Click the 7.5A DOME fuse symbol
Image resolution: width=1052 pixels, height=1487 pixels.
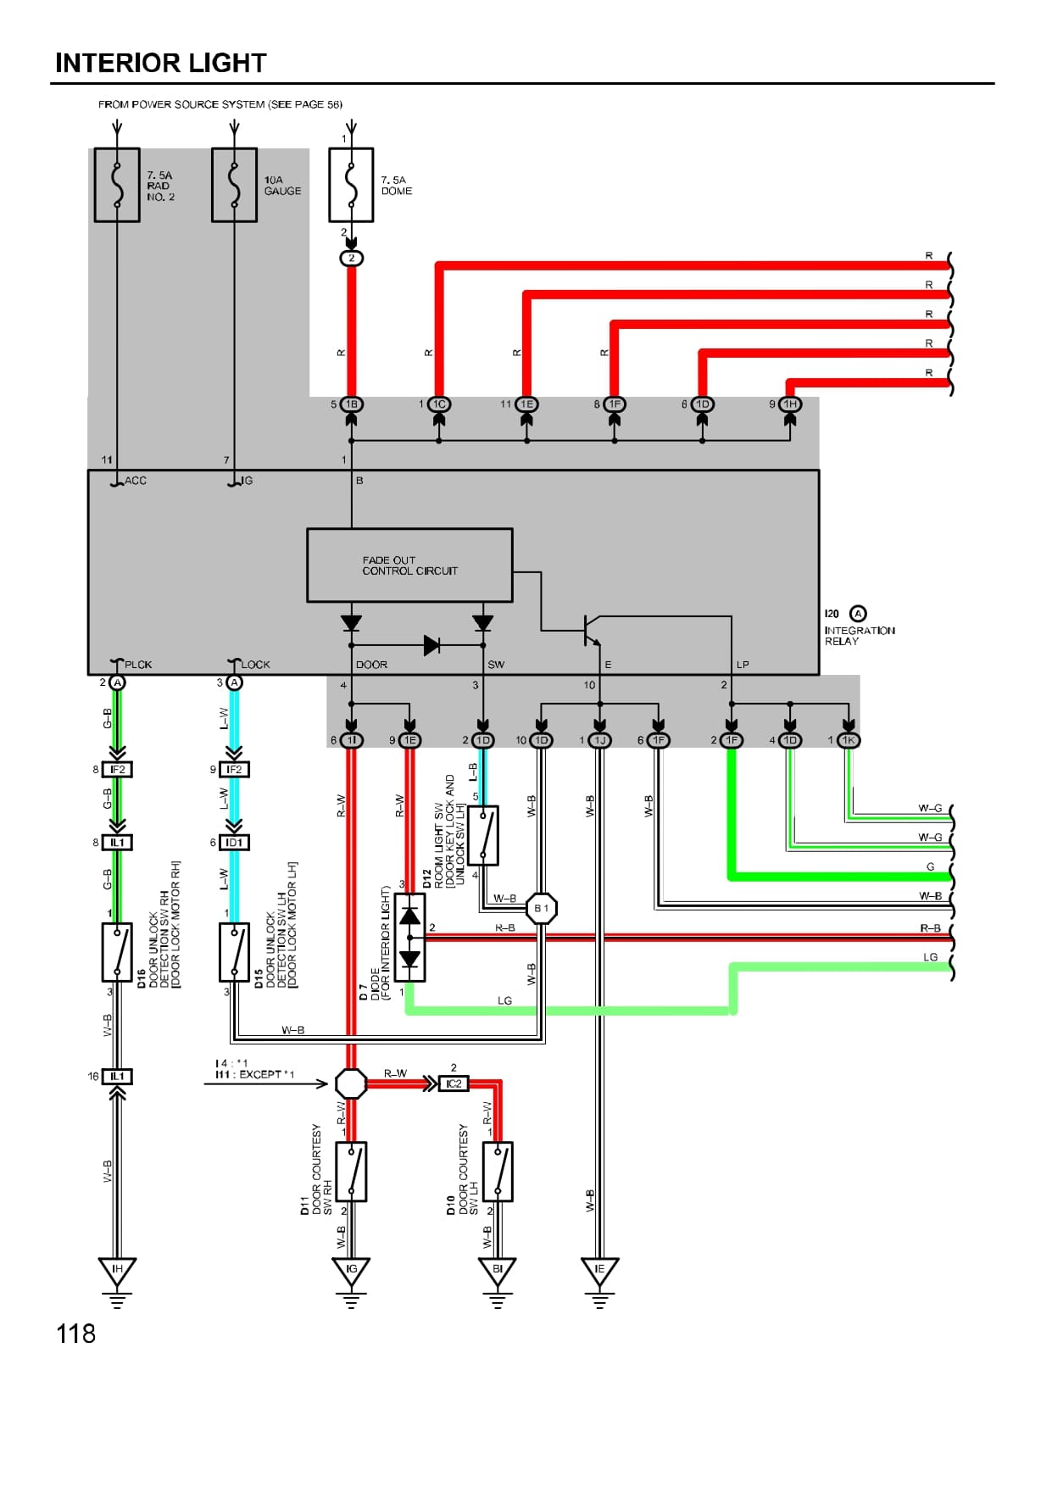click(351, 185)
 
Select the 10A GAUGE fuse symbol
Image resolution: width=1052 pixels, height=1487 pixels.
click(234, 185)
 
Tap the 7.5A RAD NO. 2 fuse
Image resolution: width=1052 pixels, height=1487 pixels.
click(117, 185)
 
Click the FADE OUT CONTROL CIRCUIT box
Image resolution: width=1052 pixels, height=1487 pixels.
click(409, 565)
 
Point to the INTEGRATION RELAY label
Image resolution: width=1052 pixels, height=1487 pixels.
click(859, 635)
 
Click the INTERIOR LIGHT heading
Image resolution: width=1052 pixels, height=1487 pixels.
click(160, 63)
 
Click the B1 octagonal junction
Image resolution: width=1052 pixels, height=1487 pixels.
click(541, 909)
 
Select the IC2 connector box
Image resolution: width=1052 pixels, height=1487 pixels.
click(454, 1083)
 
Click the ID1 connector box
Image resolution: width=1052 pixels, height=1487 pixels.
click(234, 843)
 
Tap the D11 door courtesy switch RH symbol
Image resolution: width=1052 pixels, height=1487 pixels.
click(351, 1172)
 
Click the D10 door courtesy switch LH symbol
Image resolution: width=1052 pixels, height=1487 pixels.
click(498, 1172)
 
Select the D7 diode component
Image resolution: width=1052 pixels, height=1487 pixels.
click(410, 938)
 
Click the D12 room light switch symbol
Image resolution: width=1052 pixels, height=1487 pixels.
click(483, 836)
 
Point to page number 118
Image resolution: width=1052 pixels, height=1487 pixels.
click(75, 1334)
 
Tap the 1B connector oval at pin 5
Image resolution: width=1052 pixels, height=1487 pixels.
click(351, 404)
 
